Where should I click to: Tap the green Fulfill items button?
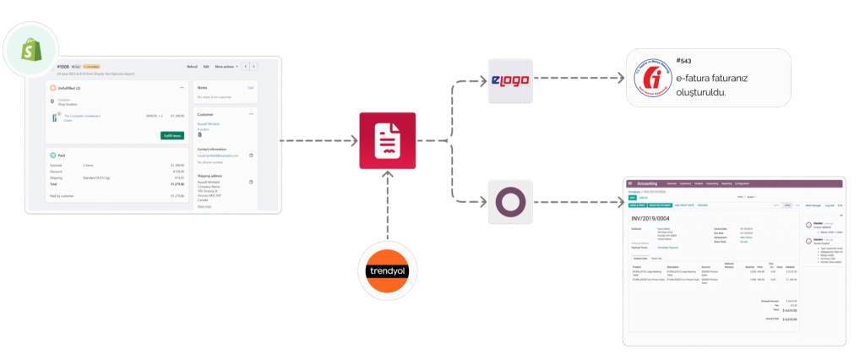172,135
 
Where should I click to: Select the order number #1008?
63,66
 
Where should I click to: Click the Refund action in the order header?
192,66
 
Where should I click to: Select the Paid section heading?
61,155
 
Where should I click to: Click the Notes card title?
202,87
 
